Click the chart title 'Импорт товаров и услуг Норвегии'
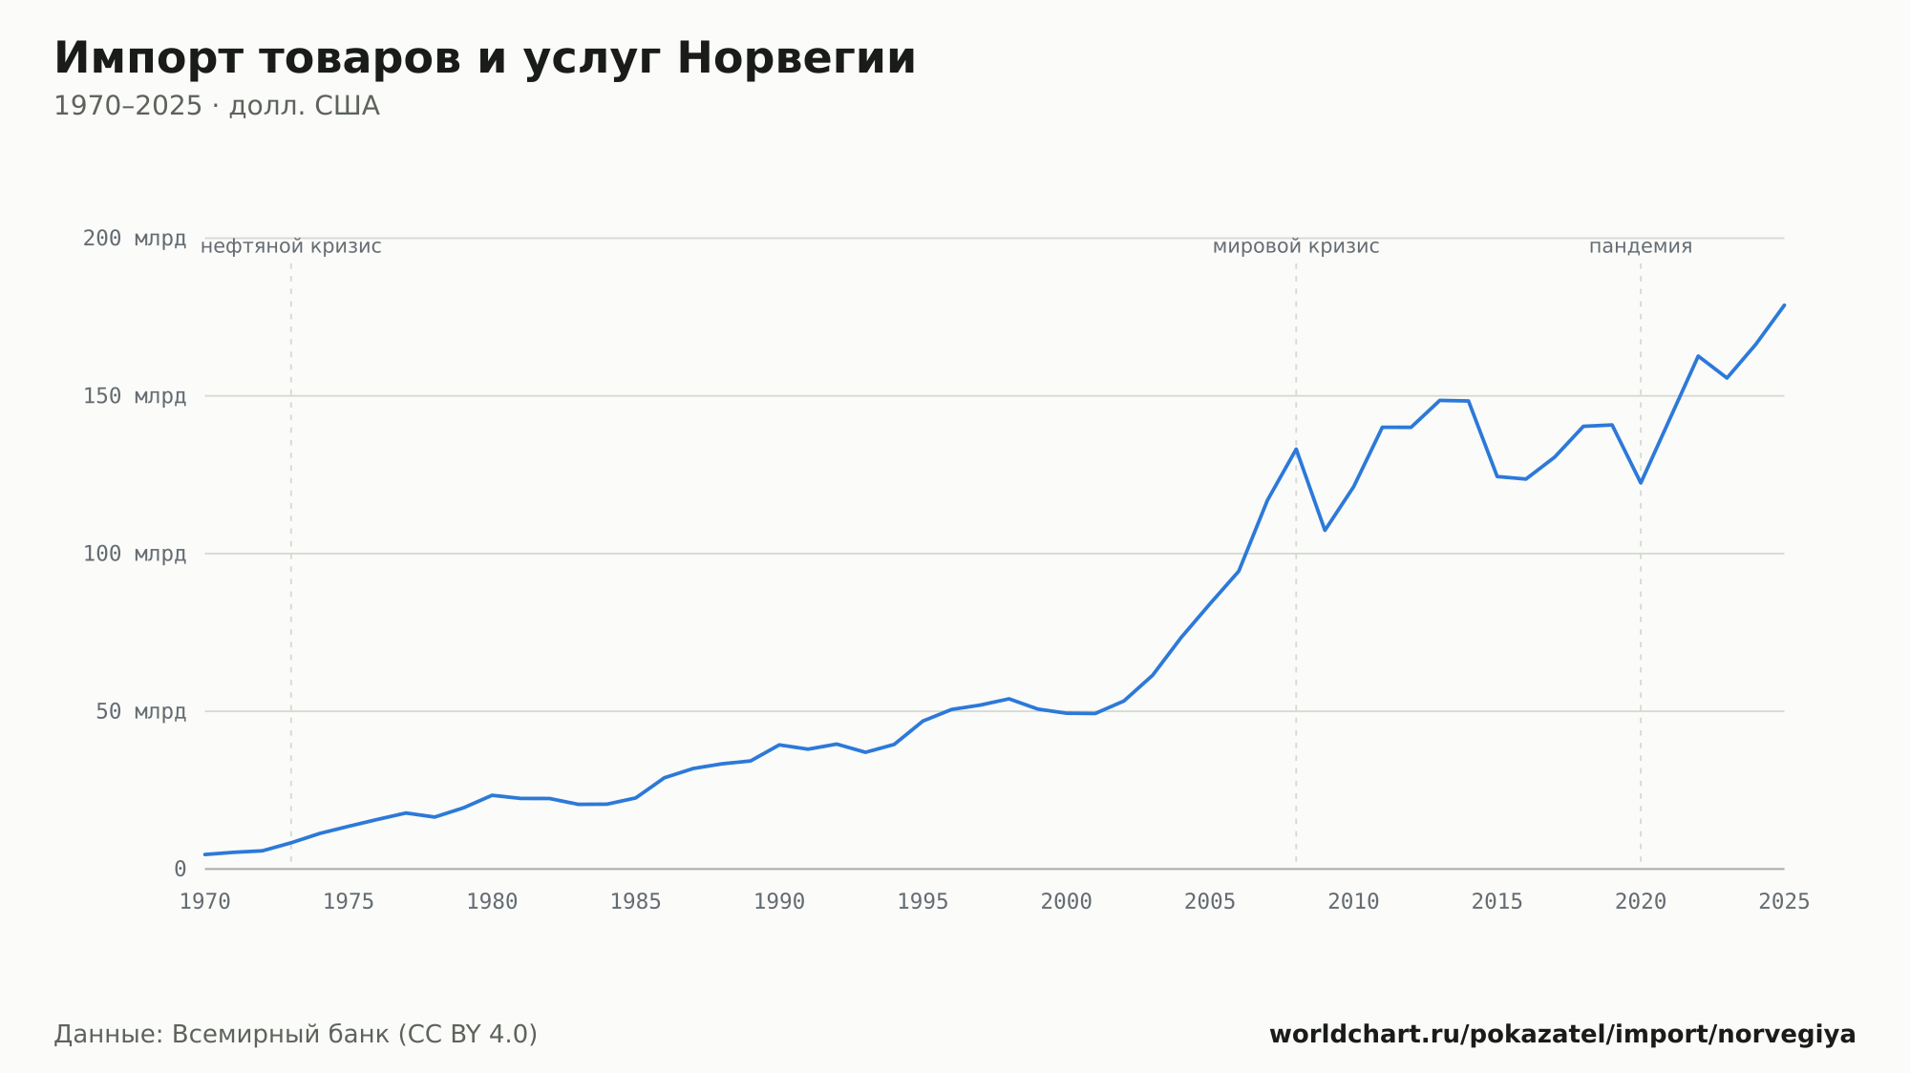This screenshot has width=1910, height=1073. pyautogui.click(x=485, y=58)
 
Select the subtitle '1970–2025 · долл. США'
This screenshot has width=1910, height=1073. pyautogui.click(x=217, y=106)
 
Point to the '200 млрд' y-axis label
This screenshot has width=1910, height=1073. pyautogui.click(x=135, y=239)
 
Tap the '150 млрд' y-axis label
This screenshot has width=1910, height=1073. pyautogui.click(x=135, y=396)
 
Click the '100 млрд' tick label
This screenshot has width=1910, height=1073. pyautogui.click(x=135, y=554)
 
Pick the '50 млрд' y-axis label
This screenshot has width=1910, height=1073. pyautogui.click(x=141, y=711)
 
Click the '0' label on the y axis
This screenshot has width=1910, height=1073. pyautogui.click(x=180, y=870)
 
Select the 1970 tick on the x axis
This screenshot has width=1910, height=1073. pyautogui.click(x=205, y=902)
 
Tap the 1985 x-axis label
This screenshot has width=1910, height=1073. pyautogui.click(x=636, y=902)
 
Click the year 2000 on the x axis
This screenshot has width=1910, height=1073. pyautogui.click(x=1067, y=902)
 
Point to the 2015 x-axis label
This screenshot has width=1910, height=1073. pyautogui.click(x=1497, y=902)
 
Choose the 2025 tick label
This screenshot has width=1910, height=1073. pyautogui.click(x=1784, y=902)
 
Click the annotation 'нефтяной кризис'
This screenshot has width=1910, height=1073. pyautogui.click(x=291, y=247)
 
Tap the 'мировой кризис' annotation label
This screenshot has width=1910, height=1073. pyautogui.click(x=1296, y=247)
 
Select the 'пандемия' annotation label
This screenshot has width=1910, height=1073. pyautogui.click(x=1641, y=247)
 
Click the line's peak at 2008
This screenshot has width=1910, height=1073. pyautogui.click(x=1296, y=449)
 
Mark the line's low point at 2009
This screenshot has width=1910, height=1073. pyautogui.click(x=1325, y=530)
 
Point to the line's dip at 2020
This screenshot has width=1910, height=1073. pyautogui.click(x=1641, y=482)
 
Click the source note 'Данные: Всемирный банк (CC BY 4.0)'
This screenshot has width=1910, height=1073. pyautogui.click(x=296, y=1035)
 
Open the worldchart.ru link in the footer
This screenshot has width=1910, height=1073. pyautogui.click(x=1562, y=1035)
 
